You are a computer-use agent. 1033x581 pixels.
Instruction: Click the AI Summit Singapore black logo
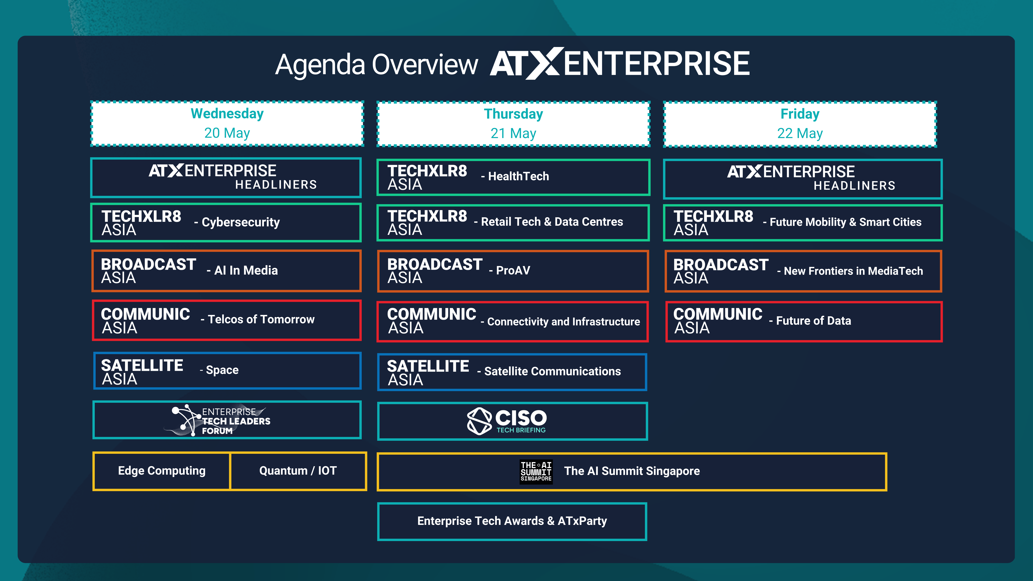tap(536, 472)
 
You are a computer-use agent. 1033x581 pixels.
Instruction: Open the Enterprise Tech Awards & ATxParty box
tap(512, 521)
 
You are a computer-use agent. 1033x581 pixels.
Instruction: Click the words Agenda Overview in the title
tap(377, 65)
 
